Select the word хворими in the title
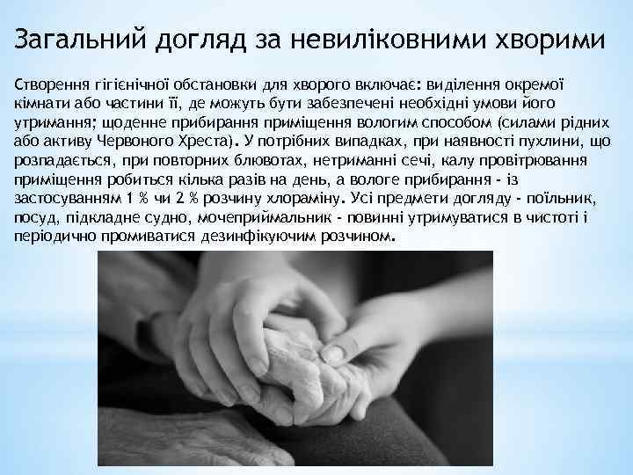pyautogui.click(x=548, y=41)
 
